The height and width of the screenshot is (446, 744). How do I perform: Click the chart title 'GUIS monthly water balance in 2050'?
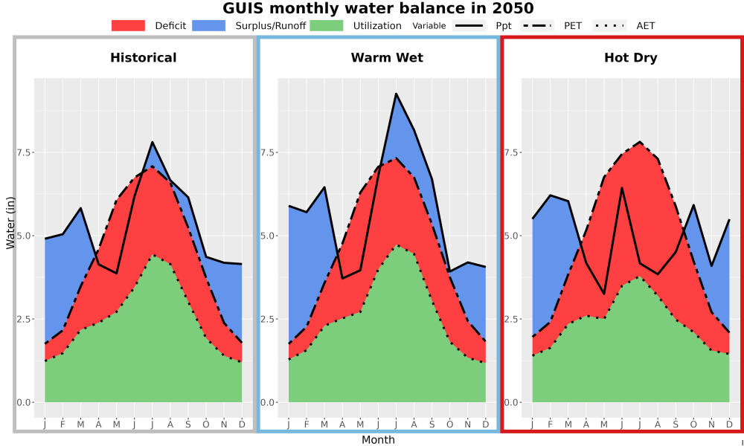(x=378, y=8)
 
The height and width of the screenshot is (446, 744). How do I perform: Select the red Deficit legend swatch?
(x=128, y=25)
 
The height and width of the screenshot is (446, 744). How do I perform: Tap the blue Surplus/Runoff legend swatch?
(x=209, y=25)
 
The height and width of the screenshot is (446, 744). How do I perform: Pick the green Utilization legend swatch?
(x=327, y=25)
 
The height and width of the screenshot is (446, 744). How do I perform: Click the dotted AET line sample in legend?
(x=609, y=25)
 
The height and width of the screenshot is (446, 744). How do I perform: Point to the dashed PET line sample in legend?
(x=537, y=25)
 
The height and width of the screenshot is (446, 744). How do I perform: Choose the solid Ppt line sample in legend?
(x=469, y=25)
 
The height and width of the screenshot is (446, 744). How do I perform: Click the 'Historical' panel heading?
(x=144, y=58)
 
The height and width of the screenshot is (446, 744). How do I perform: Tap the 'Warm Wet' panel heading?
(x=387, y=58)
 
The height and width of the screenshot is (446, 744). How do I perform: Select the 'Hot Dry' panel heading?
(x=631, y=58)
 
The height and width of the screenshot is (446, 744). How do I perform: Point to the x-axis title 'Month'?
(x=378, y=440)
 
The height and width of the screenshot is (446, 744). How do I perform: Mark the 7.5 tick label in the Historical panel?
(x=26, y=152)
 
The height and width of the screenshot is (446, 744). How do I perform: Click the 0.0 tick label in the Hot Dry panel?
(x=514, y=402)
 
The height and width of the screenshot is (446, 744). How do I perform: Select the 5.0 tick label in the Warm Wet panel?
(x=270, y=236)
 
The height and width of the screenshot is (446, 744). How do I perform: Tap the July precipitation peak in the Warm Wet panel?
(x=396, y=94)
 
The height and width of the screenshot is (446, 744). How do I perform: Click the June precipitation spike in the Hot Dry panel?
(x=622, y=187)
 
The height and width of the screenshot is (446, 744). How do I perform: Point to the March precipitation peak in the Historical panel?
(x=80, y=208)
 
